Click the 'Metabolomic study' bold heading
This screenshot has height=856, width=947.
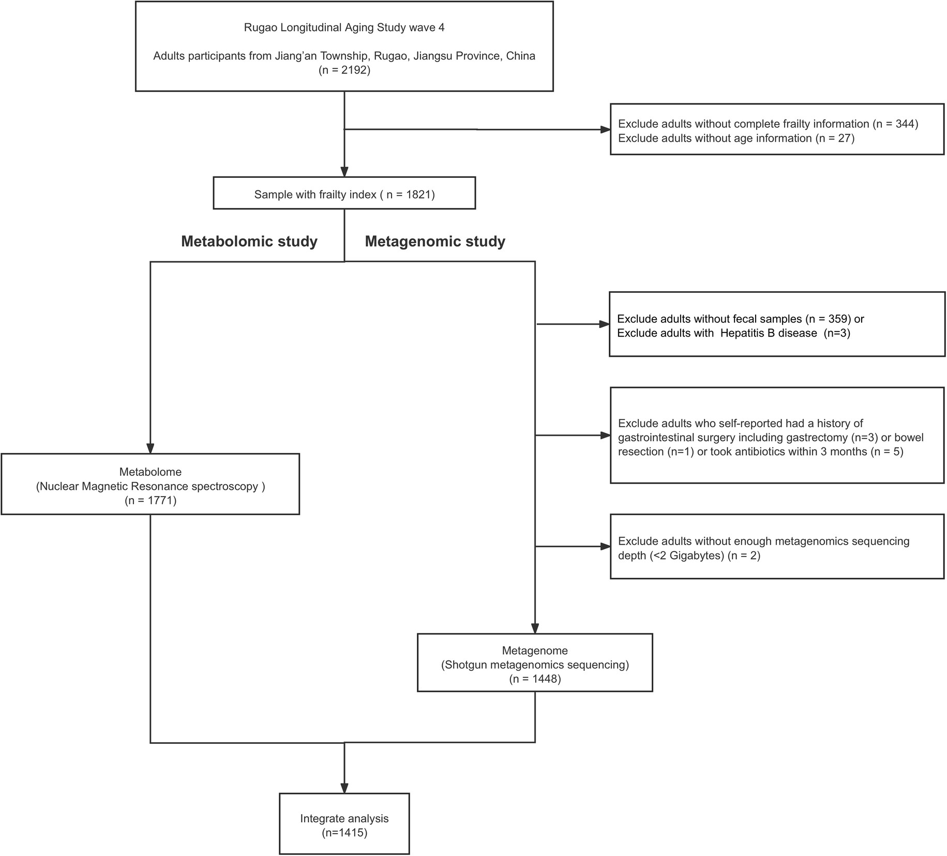coord(249,242)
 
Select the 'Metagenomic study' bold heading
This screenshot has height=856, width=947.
coord(435,242)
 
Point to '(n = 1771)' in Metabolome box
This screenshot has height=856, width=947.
coord(151,500)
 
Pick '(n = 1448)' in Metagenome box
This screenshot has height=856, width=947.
coord(535,679)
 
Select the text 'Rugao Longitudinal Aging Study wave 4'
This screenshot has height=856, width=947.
coord(344,27)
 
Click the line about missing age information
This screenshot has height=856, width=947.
coord(736,138)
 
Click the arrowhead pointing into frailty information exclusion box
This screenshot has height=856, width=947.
coord(605,129)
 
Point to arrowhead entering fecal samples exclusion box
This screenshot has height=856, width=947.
coord(604,324)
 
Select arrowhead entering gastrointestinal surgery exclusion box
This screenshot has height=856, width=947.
coord(605,435)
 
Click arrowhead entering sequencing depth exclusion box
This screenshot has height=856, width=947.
coord(605,546)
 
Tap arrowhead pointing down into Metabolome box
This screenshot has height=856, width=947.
coord(151,448)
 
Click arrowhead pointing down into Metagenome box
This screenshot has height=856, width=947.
coord(535,628)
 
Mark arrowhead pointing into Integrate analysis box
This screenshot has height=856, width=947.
coord(344,787)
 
